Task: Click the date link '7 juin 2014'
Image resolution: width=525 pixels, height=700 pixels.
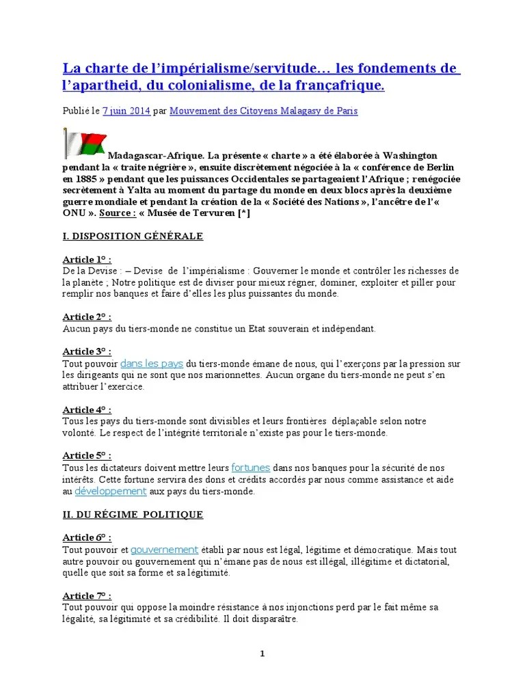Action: tap(126, 111)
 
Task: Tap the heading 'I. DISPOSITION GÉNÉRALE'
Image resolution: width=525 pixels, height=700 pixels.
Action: tap(133, 236)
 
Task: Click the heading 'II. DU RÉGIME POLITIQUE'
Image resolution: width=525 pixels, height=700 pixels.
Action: tap(133, 514)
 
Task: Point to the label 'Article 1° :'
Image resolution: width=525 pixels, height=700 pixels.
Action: tap(87, 260)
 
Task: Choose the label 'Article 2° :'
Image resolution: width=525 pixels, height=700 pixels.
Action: tap(87, 317)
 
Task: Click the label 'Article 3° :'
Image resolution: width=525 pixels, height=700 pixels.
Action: tap(87, 351)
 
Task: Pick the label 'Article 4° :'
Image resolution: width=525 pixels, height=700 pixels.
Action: tap(87, 409)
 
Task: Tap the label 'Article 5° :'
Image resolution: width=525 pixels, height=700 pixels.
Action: tap(87, 455)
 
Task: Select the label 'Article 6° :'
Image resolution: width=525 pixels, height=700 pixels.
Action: tap(87, 537)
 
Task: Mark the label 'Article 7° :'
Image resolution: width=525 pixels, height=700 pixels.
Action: tap(87, 595)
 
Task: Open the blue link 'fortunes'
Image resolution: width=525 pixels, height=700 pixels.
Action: tap(251, 468)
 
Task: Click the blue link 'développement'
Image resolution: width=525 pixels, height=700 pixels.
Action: tap(110, 491)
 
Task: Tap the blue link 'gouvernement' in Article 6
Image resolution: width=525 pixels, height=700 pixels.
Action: tap(164, 550)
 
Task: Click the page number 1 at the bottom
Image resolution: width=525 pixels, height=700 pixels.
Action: tap(262, 654)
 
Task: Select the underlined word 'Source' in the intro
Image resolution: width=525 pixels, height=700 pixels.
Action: tap(113, 213)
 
